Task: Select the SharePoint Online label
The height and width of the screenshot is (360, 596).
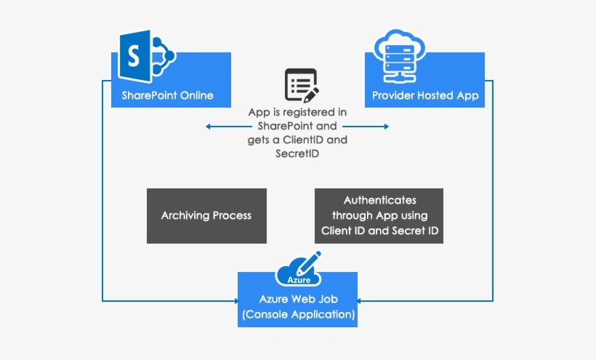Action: [167, 96]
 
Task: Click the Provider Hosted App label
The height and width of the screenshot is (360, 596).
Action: [425, 96]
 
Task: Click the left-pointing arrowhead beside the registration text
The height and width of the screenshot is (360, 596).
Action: [209, 127]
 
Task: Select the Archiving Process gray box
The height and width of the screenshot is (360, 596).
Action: [206, 216]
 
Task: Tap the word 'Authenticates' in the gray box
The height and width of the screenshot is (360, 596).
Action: [379, 199]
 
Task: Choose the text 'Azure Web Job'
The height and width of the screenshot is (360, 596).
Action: [298, 300]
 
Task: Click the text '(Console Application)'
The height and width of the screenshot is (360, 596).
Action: [298, 315]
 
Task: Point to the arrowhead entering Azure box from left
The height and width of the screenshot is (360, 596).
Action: [235, 300]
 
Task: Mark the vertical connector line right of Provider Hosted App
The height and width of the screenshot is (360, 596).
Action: [494, 189]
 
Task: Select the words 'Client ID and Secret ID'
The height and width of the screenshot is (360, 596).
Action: [379, 231]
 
